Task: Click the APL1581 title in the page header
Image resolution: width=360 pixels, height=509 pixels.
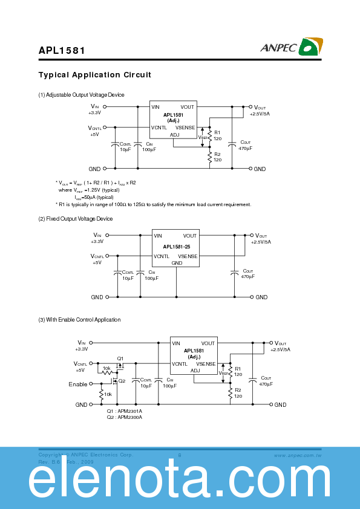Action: coord(62,52)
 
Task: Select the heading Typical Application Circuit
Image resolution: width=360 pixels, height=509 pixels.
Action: coord(95,75)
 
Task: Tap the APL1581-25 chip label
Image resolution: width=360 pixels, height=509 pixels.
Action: coord(176,246)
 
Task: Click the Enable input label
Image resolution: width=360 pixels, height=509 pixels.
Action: coord(77,384)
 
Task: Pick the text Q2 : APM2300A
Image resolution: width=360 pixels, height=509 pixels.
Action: coord(125,417)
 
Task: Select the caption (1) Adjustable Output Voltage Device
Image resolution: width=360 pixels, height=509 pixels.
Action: coord(81,95)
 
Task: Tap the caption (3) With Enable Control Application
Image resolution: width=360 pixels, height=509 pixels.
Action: coord(79,320)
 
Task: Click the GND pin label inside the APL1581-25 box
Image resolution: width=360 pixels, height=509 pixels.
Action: coord(177,263)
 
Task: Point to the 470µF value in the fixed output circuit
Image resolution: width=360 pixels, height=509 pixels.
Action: coord(248,276)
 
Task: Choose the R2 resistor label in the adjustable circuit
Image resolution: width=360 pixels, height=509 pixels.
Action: coord(217,154)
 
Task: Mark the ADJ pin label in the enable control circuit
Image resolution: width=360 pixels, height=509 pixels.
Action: coord(194,372)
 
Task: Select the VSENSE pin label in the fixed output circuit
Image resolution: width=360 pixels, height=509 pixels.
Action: coord(188,256)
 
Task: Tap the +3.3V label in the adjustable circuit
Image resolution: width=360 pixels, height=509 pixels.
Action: coord(94,113)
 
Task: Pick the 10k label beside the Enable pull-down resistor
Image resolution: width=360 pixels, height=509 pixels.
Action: coord(108,395)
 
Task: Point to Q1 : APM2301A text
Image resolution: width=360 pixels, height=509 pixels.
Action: coord(125,411)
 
